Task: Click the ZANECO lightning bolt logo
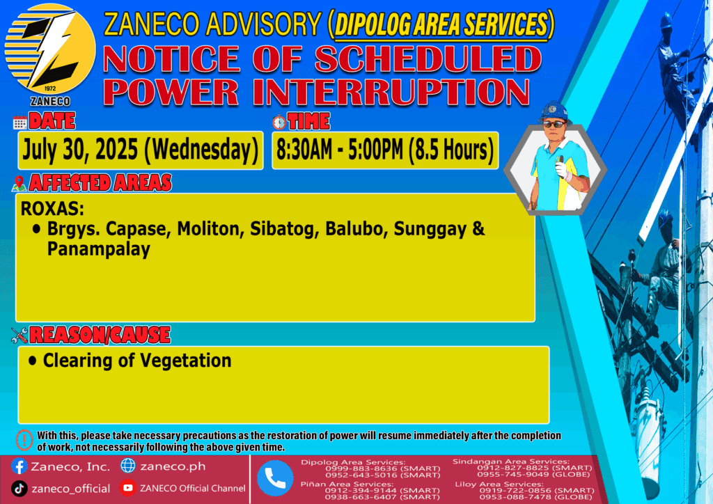[x=50, y=49]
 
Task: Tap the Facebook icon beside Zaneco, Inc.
[x=19, y=466]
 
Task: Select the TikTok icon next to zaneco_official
[x=19, y=489]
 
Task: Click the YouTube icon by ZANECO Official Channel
[x=128, y=488]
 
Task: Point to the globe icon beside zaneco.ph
[x=128, y=466]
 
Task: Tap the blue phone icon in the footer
[x=275, y=478]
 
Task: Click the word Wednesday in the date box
[x=201, y=150]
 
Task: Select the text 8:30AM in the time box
[x=304, y=150]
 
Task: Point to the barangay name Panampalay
[x=99, y=249]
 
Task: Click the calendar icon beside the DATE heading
[x=20, y=123]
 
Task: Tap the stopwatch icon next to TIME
[x=279, y=122]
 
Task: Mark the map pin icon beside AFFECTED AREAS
[x=19, y=183]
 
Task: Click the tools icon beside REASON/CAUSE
[x=19, y=336]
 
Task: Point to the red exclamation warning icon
[x=24, y=440]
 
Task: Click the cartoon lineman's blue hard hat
[x=554, y=111]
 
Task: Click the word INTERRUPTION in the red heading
[x=391, y=93]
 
